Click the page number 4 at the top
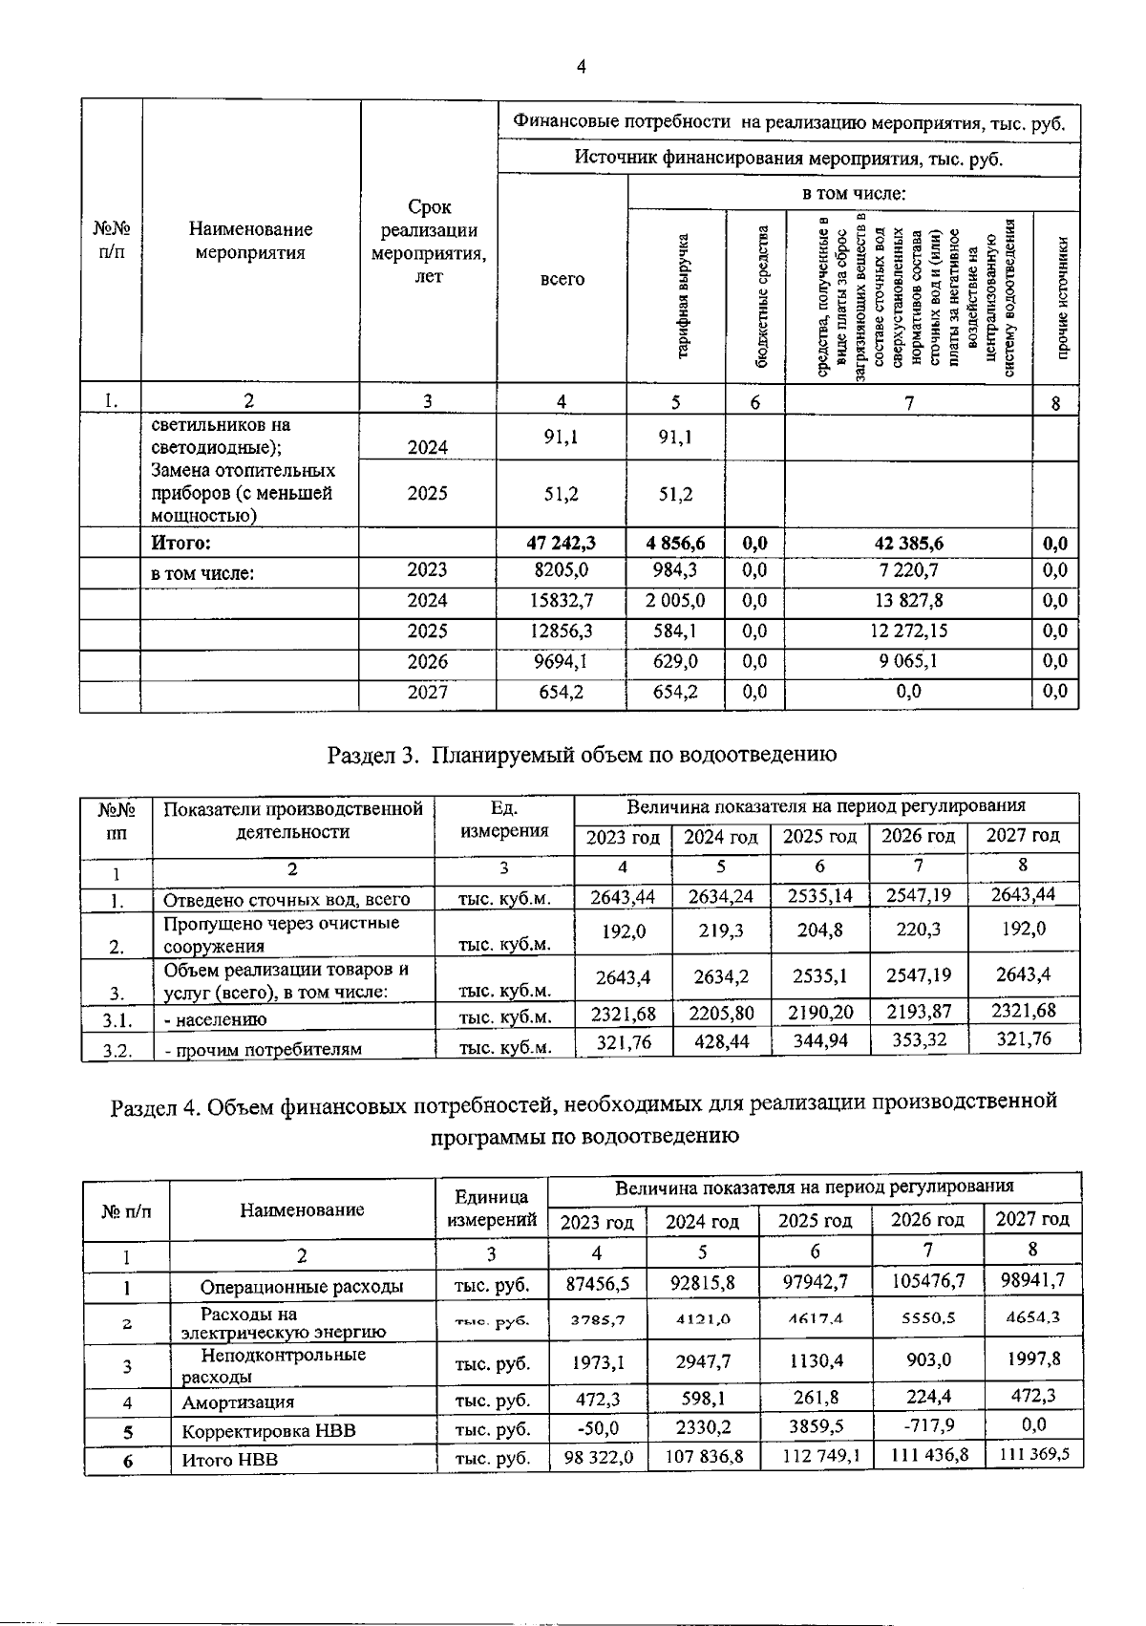point(581,66)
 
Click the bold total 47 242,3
point(561,544)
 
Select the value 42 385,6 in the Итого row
point(908,544)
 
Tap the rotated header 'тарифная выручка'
point(684,297)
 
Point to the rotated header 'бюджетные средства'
point(761,297)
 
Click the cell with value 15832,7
point(561,601)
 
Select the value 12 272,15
point(908,631)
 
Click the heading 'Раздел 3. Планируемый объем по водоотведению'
point(582,755)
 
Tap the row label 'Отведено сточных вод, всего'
point(286,900)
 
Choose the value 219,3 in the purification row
point(720,931)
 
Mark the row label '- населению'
point(216,1020)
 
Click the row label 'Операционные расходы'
point(301,1287)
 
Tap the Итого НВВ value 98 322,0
point(599,1457)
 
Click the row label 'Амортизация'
point(238,1402)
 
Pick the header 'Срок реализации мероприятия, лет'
point(429,242)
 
